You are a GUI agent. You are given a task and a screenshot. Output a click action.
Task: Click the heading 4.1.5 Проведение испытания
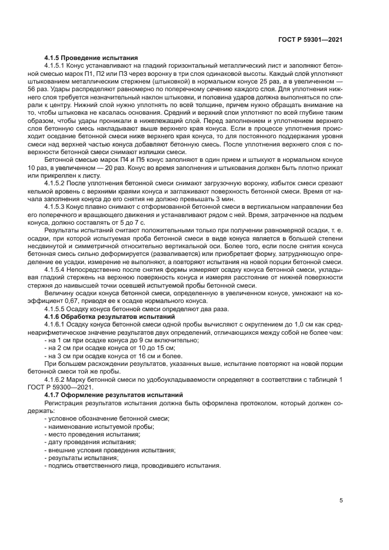click(91, 58)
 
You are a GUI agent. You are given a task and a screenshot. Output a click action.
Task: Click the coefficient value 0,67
click(74, 299)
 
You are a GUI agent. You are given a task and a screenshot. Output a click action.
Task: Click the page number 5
click(341, 500)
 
